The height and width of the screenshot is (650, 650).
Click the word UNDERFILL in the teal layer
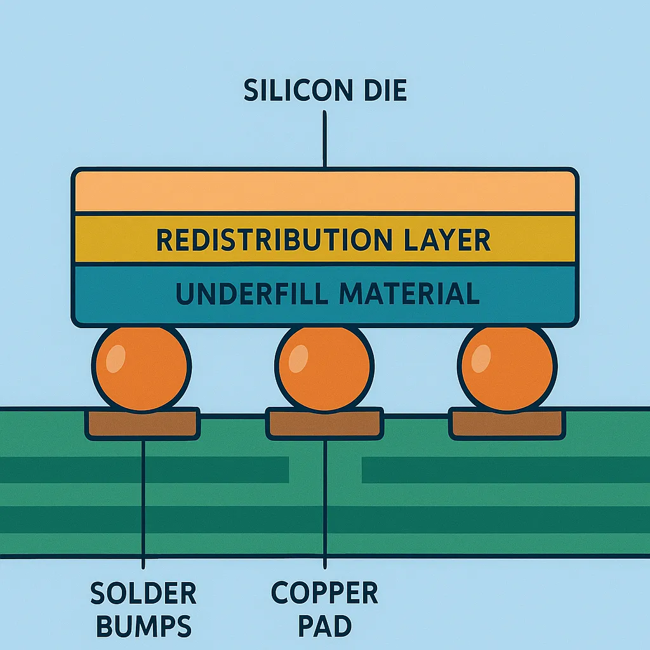tap(248, 294)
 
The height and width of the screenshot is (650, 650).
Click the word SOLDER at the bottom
tap(143, 594)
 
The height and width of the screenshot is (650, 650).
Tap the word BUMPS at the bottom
tap(143, 627)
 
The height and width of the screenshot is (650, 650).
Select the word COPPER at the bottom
tap(324, 594)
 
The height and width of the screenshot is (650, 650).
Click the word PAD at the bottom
tap(324, 627)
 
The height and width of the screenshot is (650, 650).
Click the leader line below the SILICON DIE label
tap(325, 140)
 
